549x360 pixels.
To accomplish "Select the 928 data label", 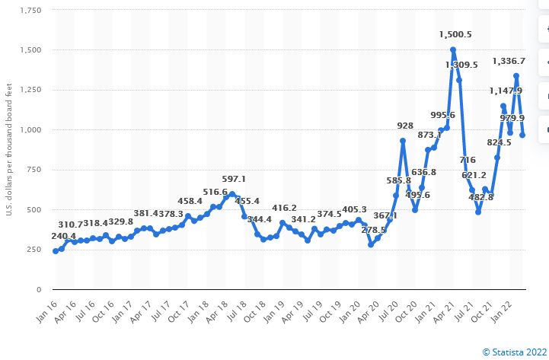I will pos(405,126).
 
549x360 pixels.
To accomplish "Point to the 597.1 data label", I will pos(233,178).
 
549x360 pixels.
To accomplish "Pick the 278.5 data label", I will pos(373,229).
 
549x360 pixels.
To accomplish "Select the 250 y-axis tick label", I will pos(34,250).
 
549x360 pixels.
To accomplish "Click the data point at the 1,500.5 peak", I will pos(453,50).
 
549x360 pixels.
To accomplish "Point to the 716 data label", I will pos(467,160).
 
